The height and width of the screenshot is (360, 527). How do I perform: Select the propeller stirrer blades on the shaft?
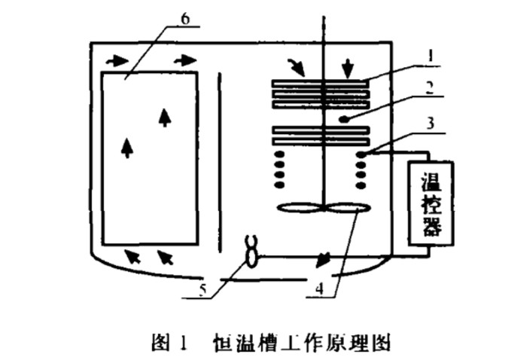click(322, 209)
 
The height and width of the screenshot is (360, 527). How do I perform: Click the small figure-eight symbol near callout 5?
click(251, 251)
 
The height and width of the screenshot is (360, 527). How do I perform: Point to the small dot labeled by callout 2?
click(341, 119)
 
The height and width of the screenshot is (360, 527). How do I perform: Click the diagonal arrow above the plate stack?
click(299, 69)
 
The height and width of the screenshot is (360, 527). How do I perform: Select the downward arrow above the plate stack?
click(348, 69)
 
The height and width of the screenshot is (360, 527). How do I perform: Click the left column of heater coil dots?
click(280, 169)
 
